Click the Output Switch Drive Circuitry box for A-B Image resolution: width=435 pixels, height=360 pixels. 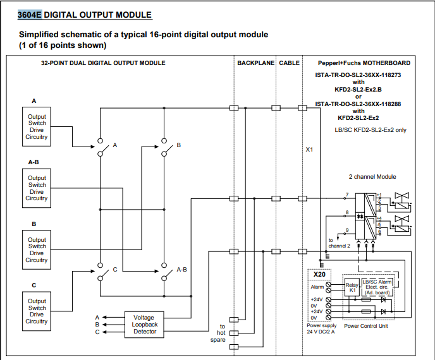(x=37, y=188)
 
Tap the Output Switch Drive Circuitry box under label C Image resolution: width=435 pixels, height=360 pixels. (x=37, y=311)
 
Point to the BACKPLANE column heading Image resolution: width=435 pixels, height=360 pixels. (x=255, y=63)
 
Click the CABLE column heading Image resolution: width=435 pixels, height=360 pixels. (x=289, y=63)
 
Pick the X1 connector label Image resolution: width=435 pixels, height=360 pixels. (x=309, y=150)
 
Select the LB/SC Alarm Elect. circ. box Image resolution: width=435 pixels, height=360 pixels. (x=377, y=287)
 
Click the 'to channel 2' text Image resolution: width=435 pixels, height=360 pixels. (x=339, y=242)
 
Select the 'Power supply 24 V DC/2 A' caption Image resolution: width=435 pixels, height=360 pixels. (x=322, y=329)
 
